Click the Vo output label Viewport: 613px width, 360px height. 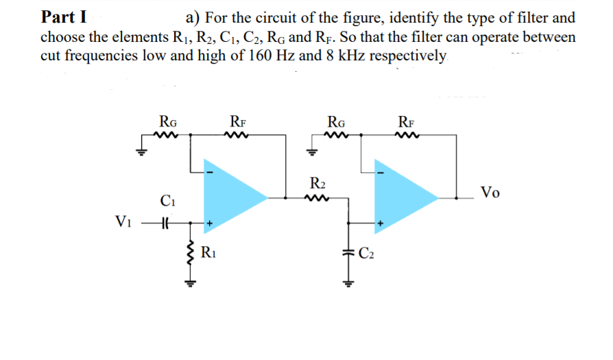(490, 192)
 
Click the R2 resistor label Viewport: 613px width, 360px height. (317, 184)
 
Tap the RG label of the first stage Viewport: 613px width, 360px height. (167, 122)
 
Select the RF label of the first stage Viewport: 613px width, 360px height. (237, 122)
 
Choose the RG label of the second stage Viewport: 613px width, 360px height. (337, 122)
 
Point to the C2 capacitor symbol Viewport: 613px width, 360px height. (348, 253)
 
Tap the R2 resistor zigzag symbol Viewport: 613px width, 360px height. (317, 198)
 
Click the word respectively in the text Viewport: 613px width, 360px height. (409, 55)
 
